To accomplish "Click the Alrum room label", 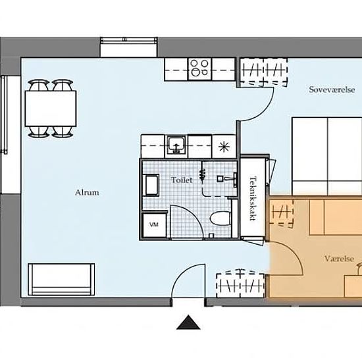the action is coord(87,193).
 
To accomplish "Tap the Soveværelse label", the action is coord(332,90).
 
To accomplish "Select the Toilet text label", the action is coord(182,180).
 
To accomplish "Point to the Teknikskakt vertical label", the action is coord(253,199).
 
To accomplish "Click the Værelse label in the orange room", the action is coord(339,259).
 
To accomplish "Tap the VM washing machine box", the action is coord(154,225).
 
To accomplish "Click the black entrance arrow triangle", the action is coord(188,322).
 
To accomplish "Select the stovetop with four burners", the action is coord(200,69).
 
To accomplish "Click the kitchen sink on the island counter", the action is coord(176,145).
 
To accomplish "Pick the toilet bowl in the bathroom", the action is coord(220,219).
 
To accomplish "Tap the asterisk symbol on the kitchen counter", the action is coord(224,147).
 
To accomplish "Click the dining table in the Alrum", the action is coord(51,109).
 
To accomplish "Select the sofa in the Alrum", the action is coord(61,279).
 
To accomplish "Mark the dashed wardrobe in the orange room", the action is coord(281,212).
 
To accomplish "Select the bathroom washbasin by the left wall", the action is coord(151,186).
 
